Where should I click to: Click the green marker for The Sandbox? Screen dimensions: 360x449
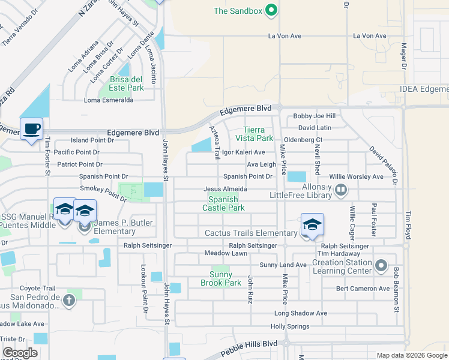(271, 10)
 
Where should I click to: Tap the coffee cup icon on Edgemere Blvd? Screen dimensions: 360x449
(31, 128)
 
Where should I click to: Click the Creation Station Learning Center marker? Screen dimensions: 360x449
(381, 265)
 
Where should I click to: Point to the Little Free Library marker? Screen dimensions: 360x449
(341, 190)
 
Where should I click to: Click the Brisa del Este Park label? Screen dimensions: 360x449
(127, 83)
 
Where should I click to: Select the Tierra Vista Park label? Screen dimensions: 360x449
(262, 135)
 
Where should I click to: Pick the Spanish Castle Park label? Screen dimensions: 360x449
(226, 203)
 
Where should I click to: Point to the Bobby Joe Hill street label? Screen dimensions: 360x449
(314, 116)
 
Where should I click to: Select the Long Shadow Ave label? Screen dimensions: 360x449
(301, 313)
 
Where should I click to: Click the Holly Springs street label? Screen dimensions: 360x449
(290, 326)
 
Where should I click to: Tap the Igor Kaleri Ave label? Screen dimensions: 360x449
(243, 152)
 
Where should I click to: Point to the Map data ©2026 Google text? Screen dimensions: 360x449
(411, 355)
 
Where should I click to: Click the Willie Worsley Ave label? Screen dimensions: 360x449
(356, 177)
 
